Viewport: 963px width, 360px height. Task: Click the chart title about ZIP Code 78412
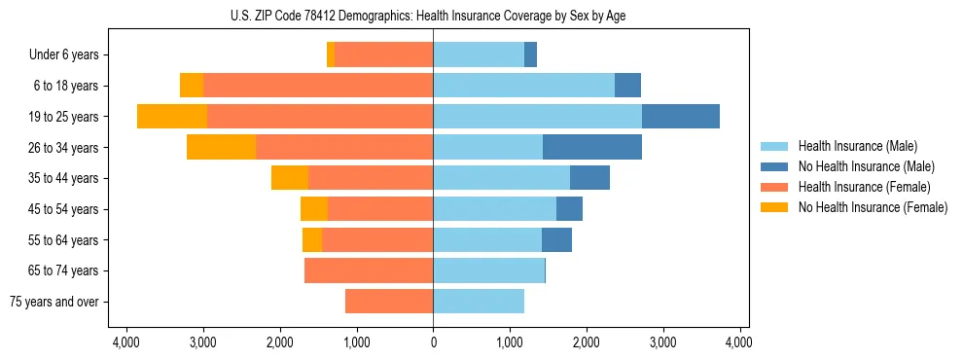(433, 15)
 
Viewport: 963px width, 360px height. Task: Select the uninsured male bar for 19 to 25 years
(681, 116)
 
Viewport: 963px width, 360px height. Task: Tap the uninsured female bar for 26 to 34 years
(221, 147)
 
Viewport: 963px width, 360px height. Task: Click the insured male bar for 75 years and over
(479, 302)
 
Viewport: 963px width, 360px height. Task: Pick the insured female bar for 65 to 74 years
(369, 270)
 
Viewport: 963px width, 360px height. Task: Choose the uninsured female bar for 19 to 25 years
(172, 116)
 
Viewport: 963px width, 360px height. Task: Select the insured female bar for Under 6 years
(383, 54)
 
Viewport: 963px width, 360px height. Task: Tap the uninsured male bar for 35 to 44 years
(589, 178)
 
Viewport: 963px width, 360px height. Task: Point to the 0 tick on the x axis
(433, 342)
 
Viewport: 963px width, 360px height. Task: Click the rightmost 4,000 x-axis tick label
(739, 342)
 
